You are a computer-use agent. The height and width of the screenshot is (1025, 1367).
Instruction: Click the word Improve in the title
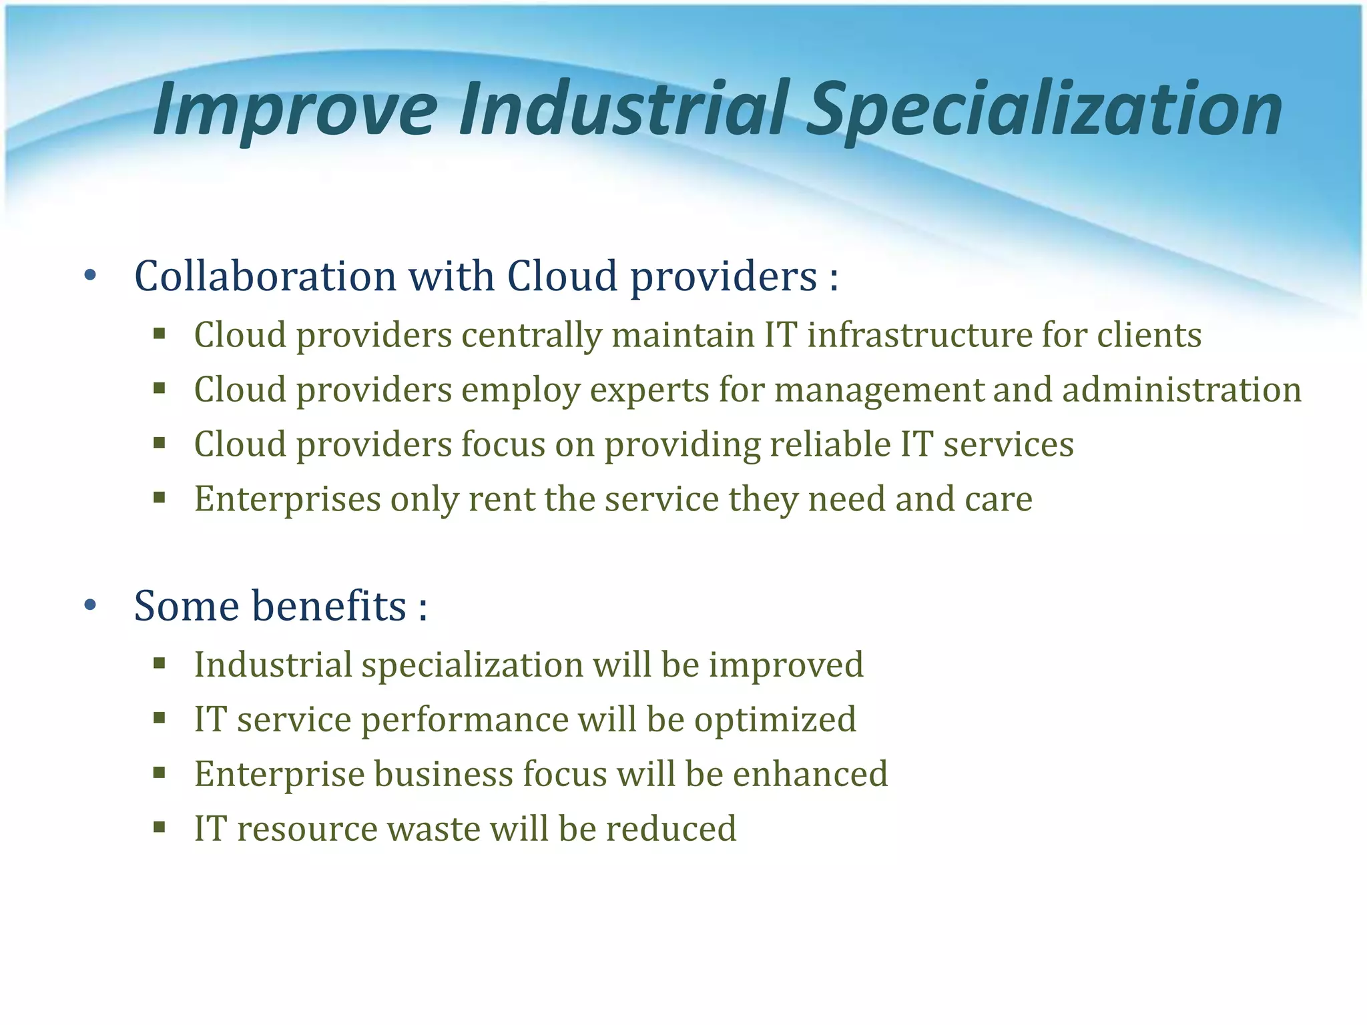(294, 109)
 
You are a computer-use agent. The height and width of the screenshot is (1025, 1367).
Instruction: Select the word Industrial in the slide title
(624, 109)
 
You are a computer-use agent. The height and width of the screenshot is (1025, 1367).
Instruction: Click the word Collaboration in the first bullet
(265, 276)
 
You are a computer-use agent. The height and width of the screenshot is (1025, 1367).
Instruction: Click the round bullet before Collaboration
(91, 276)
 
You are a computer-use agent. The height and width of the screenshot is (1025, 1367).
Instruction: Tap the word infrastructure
(919, 335)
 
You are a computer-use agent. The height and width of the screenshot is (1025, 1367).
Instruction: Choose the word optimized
(775, 719)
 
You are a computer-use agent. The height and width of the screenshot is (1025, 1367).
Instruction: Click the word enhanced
(810, 774)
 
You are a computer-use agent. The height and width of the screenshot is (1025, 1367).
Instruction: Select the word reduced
(671, 829)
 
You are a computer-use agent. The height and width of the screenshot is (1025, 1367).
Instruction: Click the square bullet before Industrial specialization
(159, 663)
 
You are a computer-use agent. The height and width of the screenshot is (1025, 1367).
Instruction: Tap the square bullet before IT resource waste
(159, 828)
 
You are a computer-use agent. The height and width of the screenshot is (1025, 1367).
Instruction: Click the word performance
(465, 719)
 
